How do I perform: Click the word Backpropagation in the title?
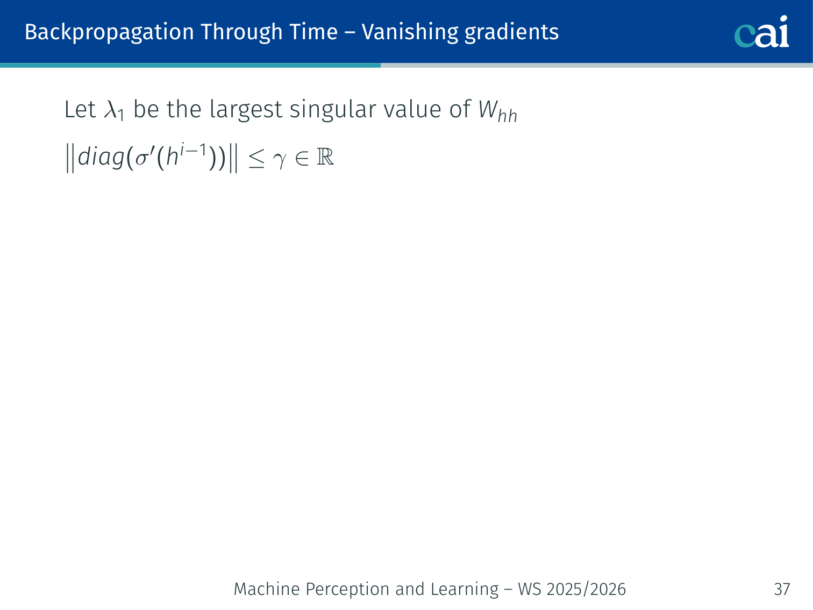click(x=109, y=33)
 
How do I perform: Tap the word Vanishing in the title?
click(x=410, y=33)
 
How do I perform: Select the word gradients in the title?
click(x=511, y=33)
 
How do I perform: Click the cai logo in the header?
click(x=761, y=32)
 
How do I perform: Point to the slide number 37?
click(x=782, y=589)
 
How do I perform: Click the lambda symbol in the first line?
click(x=110, y=109)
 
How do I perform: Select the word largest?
click(x=246, y=110)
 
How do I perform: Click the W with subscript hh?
click(x=497, y=111)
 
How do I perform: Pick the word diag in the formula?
click(x=101, y=157)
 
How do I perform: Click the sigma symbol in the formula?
click(x=142, y=159)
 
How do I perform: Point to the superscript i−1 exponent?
click(x=193, y=150)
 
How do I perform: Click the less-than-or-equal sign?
click(x=256, y=159)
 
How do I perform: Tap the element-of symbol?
click(x=302, y=159)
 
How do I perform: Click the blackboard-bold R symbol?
click(x=325, y=157)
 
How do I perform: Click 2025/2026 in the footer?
click(x=586, y=589)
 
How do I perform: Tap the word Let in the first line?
click(x=80, y=109)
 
